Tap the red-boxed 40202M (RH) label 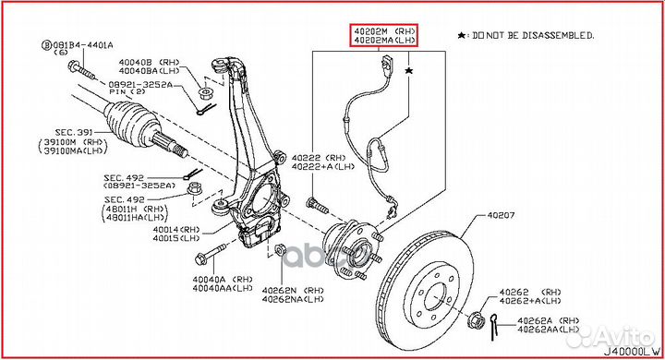(382, 31)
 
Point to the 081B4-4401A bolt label (82, 44)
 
